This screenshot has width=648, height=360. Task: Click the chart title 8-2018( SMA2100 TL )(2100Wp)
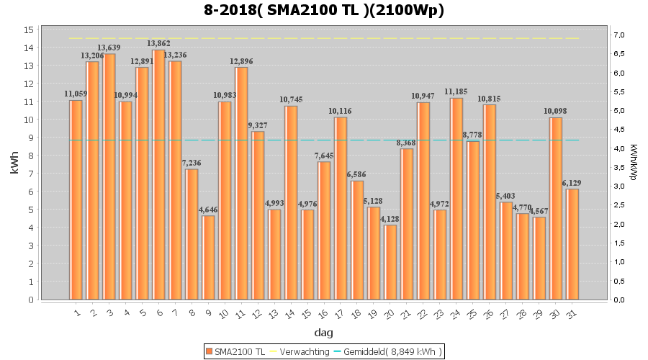(323, 10)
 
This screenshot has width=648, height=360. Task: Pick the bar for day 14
(291, 202)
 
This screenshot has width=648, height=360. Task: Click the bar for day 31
(572, 244)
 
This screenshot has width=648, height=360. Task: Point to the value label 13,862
(158, 43)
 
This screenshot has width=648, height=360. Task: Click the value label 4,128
(390, 219)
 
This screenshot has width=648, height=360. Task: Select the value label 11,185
(456, 91)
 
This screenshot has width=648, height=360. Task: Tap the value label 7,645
(324, 156)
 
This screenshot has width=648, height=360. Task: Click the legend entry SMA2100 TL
(235, 351)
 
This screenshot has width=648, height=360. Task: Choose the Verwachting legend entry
(297, 351)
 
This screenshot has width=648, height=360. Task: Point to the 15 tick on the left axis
(29, 30)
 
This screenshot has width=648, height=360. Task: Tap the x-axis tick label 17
(338, 313)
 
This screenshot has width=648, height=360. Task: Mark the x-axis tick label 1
(76, 312)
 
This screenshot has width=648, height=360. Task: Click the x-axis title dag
(323, 333)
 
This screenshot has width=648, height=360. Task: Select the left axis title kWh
(14, 164)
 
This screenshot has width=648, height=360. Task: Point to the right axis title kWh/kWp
(633, 164)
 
